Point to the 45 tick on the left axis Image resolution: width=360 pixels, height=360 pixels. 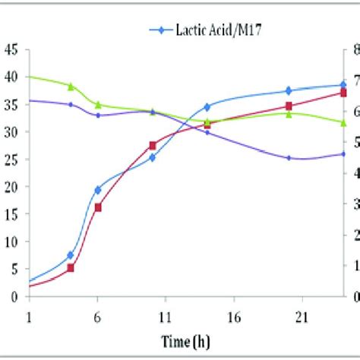click(11, 50)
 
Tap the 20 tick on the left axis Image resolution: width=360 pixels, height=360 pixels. click(11, 187)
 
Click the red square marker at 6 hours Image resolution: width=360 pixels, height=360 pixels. click(98, 207)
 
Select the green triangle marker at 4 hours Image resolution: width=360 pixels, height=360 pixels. click(71, 87)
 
